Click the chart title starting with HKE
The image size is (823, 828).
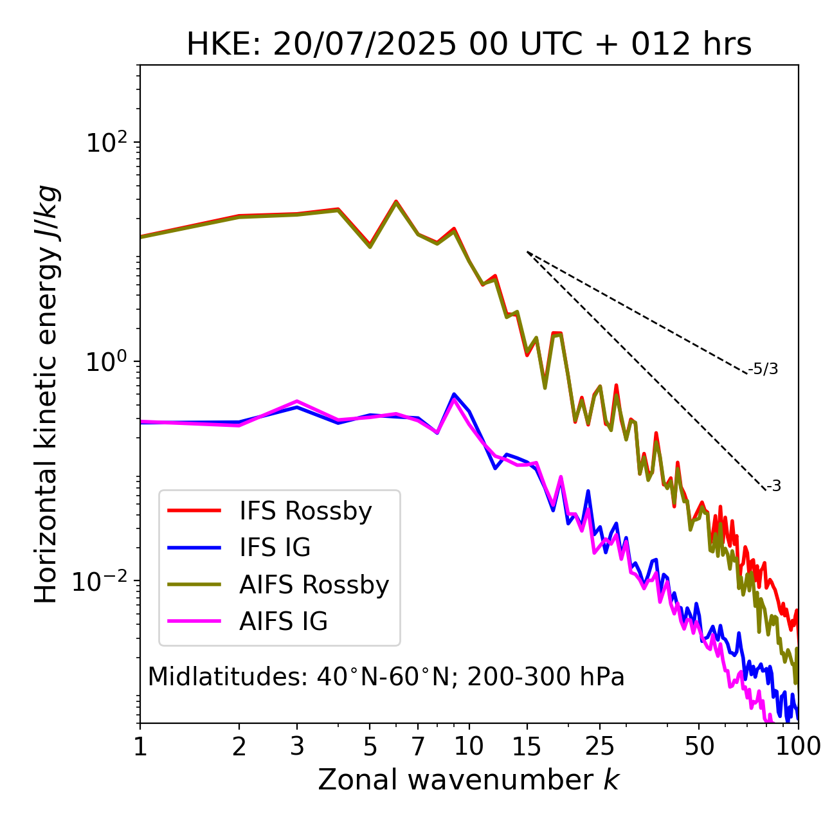pyautogui.click(x=469, y=45)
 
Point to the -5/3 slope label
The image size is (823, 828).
pyautogui.click(x=763, y=369)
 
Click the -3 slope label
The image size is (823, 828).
pyautogui.click(x=773, y=487)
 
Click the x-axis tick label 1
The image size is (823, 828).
pyautogui.click(x=140, y=746)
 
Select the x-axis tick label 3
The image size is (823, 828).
pyautogui.click(x=297, y=746)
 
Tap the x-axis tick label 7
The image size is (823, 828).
pyautogui.click(x=418, y=746)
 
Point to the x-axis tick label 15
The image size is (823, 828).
pyautogui.click(x=527, y=746)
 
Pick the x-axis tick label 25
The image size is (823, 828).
pyautogui.click(x=600, y=746)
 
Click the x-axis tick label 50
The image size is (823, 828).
pyautogui.click(x=699, y=746)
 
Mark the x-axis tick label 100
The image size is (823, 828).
pyautogui.click(x=798, y=746)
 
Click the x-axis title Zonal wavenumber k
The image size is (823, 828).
pyautogui.click(x=469, y=780)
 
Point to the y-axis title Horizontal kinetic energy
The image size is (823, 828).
pyautogui.click(x=46, y=394)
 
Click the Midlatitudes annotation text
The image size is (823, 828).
pyautogui.click(x=386, y=677)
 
